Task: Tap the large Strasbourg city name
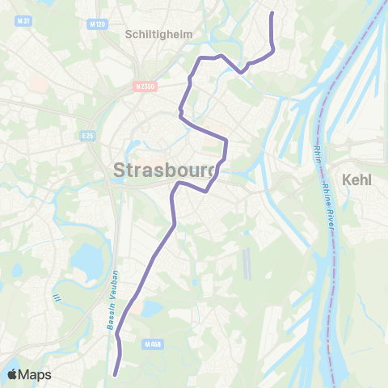click(x=166, y=171)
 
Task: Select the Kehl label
click(x=356, y=179)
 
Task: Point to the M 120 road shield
click(x=96, y=25)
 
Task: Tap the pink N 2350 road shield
click(x=145, y=86)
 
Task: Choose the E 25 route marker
click(x=89, y=136)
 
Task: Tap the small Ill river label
click(x=57, y=298)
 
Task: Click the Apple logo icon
click(x=13, y=374)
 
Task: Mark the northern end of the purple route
click(x=271, y=14)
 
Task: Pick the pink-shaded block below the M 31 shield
click(x=37, y=83)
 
